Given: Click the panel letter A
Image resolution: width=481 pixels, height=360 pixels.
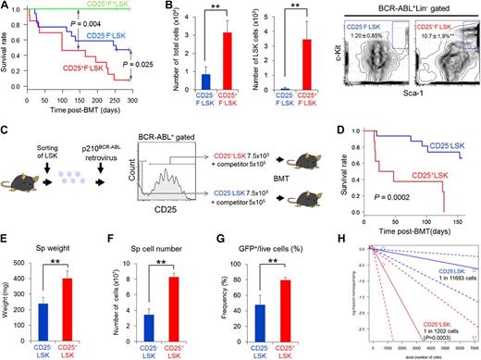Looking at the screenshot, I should tap(6, 8).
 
